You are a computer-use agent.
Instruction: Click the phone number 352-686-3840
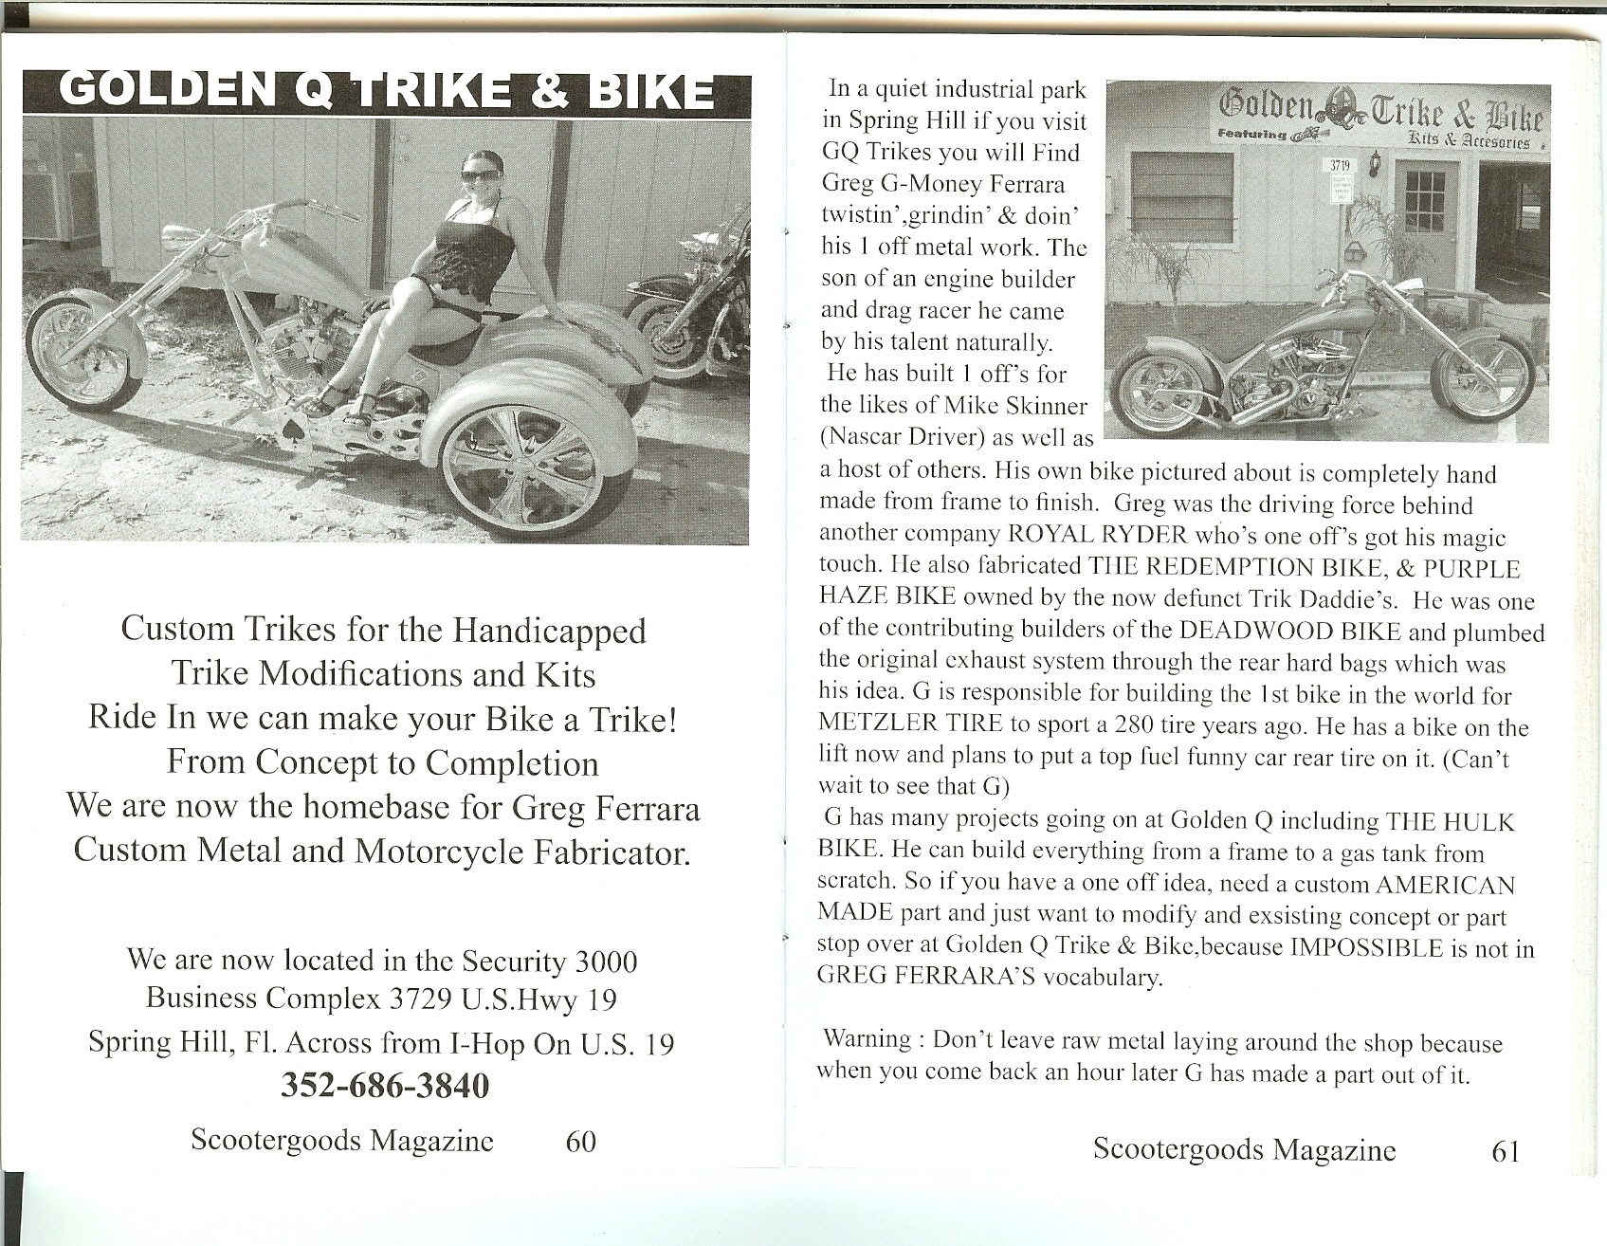(385, 1085)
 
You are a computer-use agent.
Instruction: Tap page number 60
(580, 1140)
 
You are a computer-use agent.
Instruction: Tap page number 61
(1506, 1150)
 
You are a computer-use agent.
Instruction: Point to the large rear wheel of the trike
(535, 467)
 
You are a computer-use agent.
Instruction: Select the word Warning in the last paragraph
(867, 1038)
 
